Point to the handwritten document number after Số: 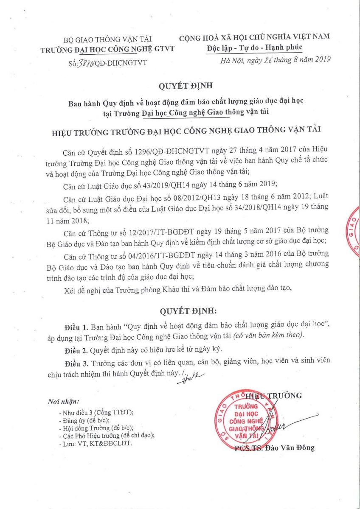click(x=84, y=63)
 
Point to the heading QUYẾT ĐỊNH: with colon click(x=188, y=311)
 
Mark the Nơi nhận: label click(x=63, y=401)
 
